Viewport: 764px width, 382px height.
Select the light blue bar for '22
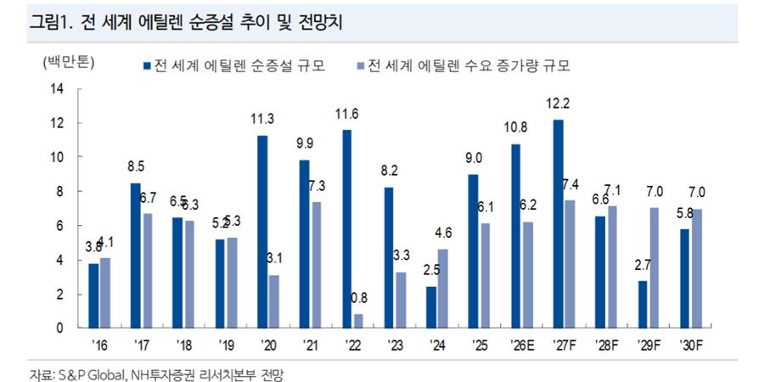click(358, 320)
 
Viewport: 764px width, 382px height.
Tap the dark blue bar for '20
click(262, 231)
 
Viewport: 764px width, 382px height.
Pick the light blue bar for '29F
click(655, 267)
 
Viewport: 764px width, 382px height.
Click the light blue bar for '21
click(316, 265)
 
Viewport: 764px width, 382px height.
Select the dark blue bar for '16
click(94, 295)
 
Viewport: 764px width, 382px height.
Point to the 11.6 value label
click(346, 113)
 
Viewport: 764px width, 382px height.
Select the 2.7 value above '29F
click(643, 264)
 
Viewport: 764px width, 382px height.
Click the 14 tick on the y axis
click(58, 89)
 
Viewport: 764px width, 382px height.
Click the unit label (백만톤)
click(69, 61)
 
